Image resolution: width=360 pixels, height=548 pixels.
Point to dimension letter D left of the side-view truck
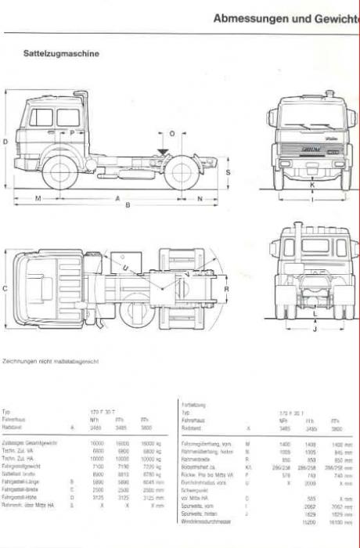pos(5,142)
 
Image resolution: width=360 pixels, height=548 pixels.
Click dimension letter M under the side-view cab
pos(38,199)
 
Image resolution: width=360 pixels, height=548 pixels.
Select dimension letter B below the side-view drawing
pos(128,205)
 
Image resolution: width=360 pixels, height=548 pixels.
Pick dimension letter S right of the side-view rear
pos(228,171)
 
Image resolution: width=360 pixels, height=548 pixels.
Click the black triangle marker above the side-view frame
pos(162,149)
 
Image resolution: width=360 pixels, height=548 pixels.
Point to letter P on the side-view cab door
pos(71,133)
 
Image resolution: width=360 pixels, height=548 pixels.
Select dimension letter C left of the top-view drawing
pos(5,288)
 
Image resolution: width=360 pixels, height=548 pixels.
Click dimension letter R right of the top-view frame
pos(227,288)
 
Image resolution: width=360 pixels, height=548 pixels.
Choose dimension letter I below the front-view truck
pos(312,200)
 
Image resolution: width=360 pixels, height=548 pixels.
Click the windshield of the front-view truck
pos(312,117)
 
